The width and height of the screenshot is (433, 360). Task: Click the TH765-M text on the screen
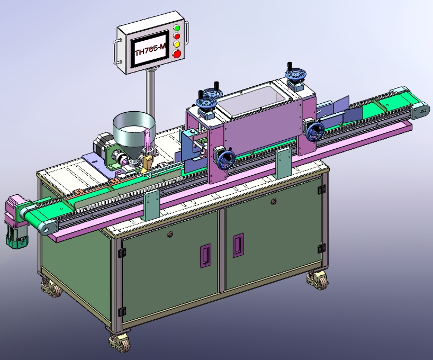pyautogui.click(x=150, y=52)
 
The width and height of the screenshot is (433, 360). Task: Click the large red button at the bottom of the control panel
pyautogui.click(x=177, y=53)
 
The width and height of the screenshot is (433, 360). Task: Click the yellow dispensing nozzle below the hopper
pyautogui.click(x=148, y=157)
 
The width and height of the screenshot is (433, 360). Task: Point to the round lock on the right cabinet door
pyautogui.click(x=272, y=201)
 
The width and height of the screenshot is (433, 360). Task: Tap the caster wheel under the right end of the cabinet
pyautogui.click(x=317, y=279)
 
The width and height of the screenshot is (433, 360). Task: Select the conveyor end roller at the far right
pyautogui.click(x=422, y=109)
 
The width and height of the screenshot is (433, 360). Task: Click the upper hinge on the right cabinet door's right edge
pyautogui.click(x=321, y=189)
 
